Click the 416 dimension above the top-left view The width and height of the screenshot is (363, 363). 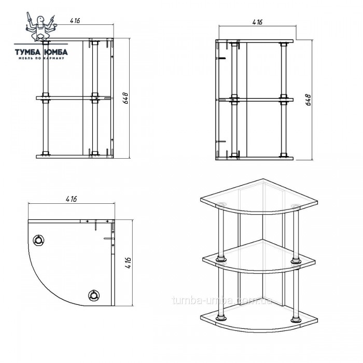click(75, 21)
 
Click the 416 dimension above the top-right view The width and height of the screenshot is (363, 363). click(257, 22)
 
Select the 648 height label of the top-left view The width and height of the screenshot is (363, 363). click(125, 98)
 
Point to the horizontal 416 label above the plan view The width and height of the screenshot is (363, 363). click(71, 199)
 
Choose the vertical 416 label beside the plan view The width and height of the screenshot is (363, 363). click(128, 263)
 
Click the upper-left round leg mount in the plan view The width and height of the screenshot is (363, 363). click(38, 240)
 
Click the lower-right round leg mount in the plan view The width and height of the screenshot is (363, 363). click(94, 296)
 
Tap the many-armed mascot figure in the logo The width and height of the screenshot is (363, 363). click(40, 26)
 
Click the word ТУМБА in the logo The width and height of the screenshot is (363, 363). click(27, 52)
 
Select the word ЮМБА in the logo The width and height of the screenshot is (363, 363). click(55, 52)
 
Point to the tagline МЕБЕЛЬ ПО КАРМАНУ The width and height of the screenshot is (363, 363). click(41, 58)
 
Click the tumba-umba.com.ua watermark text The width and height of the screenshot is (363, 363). click(222, 300)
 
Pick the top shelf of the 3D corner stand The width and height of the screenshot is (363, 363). click(259, 197)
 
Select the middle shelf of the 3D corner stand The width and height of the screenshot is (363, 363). click(259, 257)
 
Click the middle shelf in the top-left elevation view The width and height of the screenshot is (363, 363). click(75, 98)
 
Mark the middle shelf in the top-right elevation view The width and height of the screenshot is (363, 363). click(255, 100)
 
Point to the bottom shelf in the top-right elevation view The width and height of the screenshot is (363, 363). click(255, 159)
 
